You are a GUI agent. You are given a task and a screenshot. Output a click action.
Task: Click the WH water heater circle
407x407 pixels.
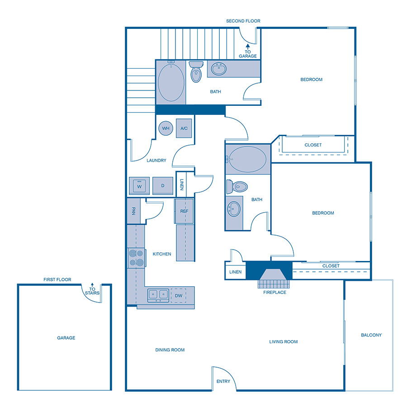pos(166,128)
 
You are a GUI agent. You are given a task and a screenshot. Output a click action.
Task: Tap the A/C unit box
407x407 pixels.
pos(184,128)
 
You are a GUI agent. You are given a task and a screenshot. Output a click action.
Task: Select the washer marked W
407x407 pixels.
pos(139,186)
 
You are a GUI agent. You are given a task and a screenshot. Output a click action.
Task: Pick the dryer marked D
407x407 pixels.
pos(162,186)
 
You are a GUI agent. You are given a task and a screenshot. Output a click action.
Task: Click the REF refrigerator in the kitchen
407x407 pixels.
pos(184,211)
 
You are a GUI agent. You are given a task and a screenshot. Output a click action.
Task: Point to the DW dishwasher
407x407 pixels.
pos(179,295)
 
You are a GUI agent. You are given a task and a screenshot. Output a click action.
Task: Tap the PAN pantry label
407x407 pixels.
pos(134,211)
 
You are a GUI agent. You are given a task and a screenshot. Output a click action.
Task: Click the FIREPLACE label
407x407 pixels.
pos(275,293)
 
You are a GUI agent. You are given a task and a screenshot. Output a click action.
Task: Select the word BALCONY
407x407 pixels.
pos(371,335)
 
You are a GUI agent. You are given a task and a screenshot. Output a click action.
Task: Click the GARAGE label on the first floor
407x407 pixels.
pos(66,338)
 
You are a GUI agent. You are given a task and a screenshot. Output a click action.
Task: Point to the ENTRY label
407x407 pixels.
pos(223,381)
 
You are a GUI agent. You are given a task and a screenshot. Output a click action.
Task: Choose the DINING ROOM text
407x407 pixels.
pos(170,350)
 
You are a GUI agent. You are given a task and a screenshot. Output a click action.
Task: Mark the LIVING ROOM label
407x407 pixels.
pos(284,342)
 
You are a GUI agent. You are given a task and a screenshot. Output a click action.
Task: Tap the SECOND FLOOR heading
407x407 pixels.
pos(243,21)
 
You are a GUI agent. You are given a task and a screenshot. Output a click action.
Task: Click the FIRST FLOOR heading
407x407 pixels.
pos(57,279)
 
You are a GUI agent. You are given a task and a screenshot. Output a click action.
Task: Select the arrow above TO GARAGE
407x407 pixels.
pos(248,46)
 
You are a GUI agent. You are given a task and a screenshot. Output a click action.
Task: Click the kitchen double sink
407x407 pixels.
pos(158,295)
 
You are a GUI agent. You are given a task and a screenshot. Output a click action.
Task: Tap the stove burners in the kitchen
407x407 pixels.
pos(136,258)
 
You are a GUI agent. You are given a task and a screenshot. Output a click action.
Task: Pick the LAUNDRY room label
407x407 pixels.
pos(156,160)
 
